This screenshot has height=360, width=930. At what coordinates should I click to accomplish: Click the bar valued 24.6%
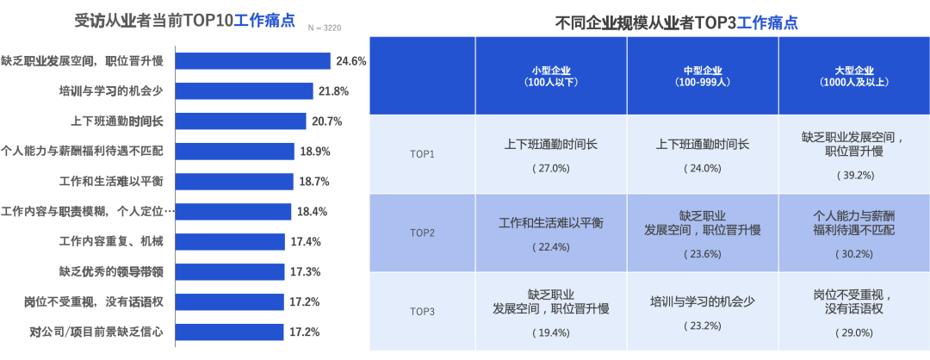pyautogui.click(x=253, y=61)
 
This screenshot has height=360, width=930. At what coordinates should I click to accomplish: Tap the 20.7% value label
pyautogui.click(x=327, y=121)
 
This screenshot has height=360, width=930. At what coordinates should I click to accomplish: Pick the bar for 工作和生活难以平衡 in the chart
pyautogui.click(x=235, y=182)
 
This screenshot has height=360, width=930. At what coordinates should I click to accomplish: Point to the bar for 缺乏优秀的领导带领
pyautogui.click(x=230, y=271)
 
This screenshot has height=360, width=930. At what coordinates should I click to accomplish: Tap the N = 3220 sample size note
pyautogui.click(x=325, y=28)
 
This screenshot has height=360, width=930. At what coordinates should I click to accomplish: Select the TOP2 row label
pyautogui.click(x=422, y=233)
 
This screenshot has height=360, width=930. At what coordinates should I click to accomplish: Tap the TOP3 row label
pyautogui.click(x=422, y=311)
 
